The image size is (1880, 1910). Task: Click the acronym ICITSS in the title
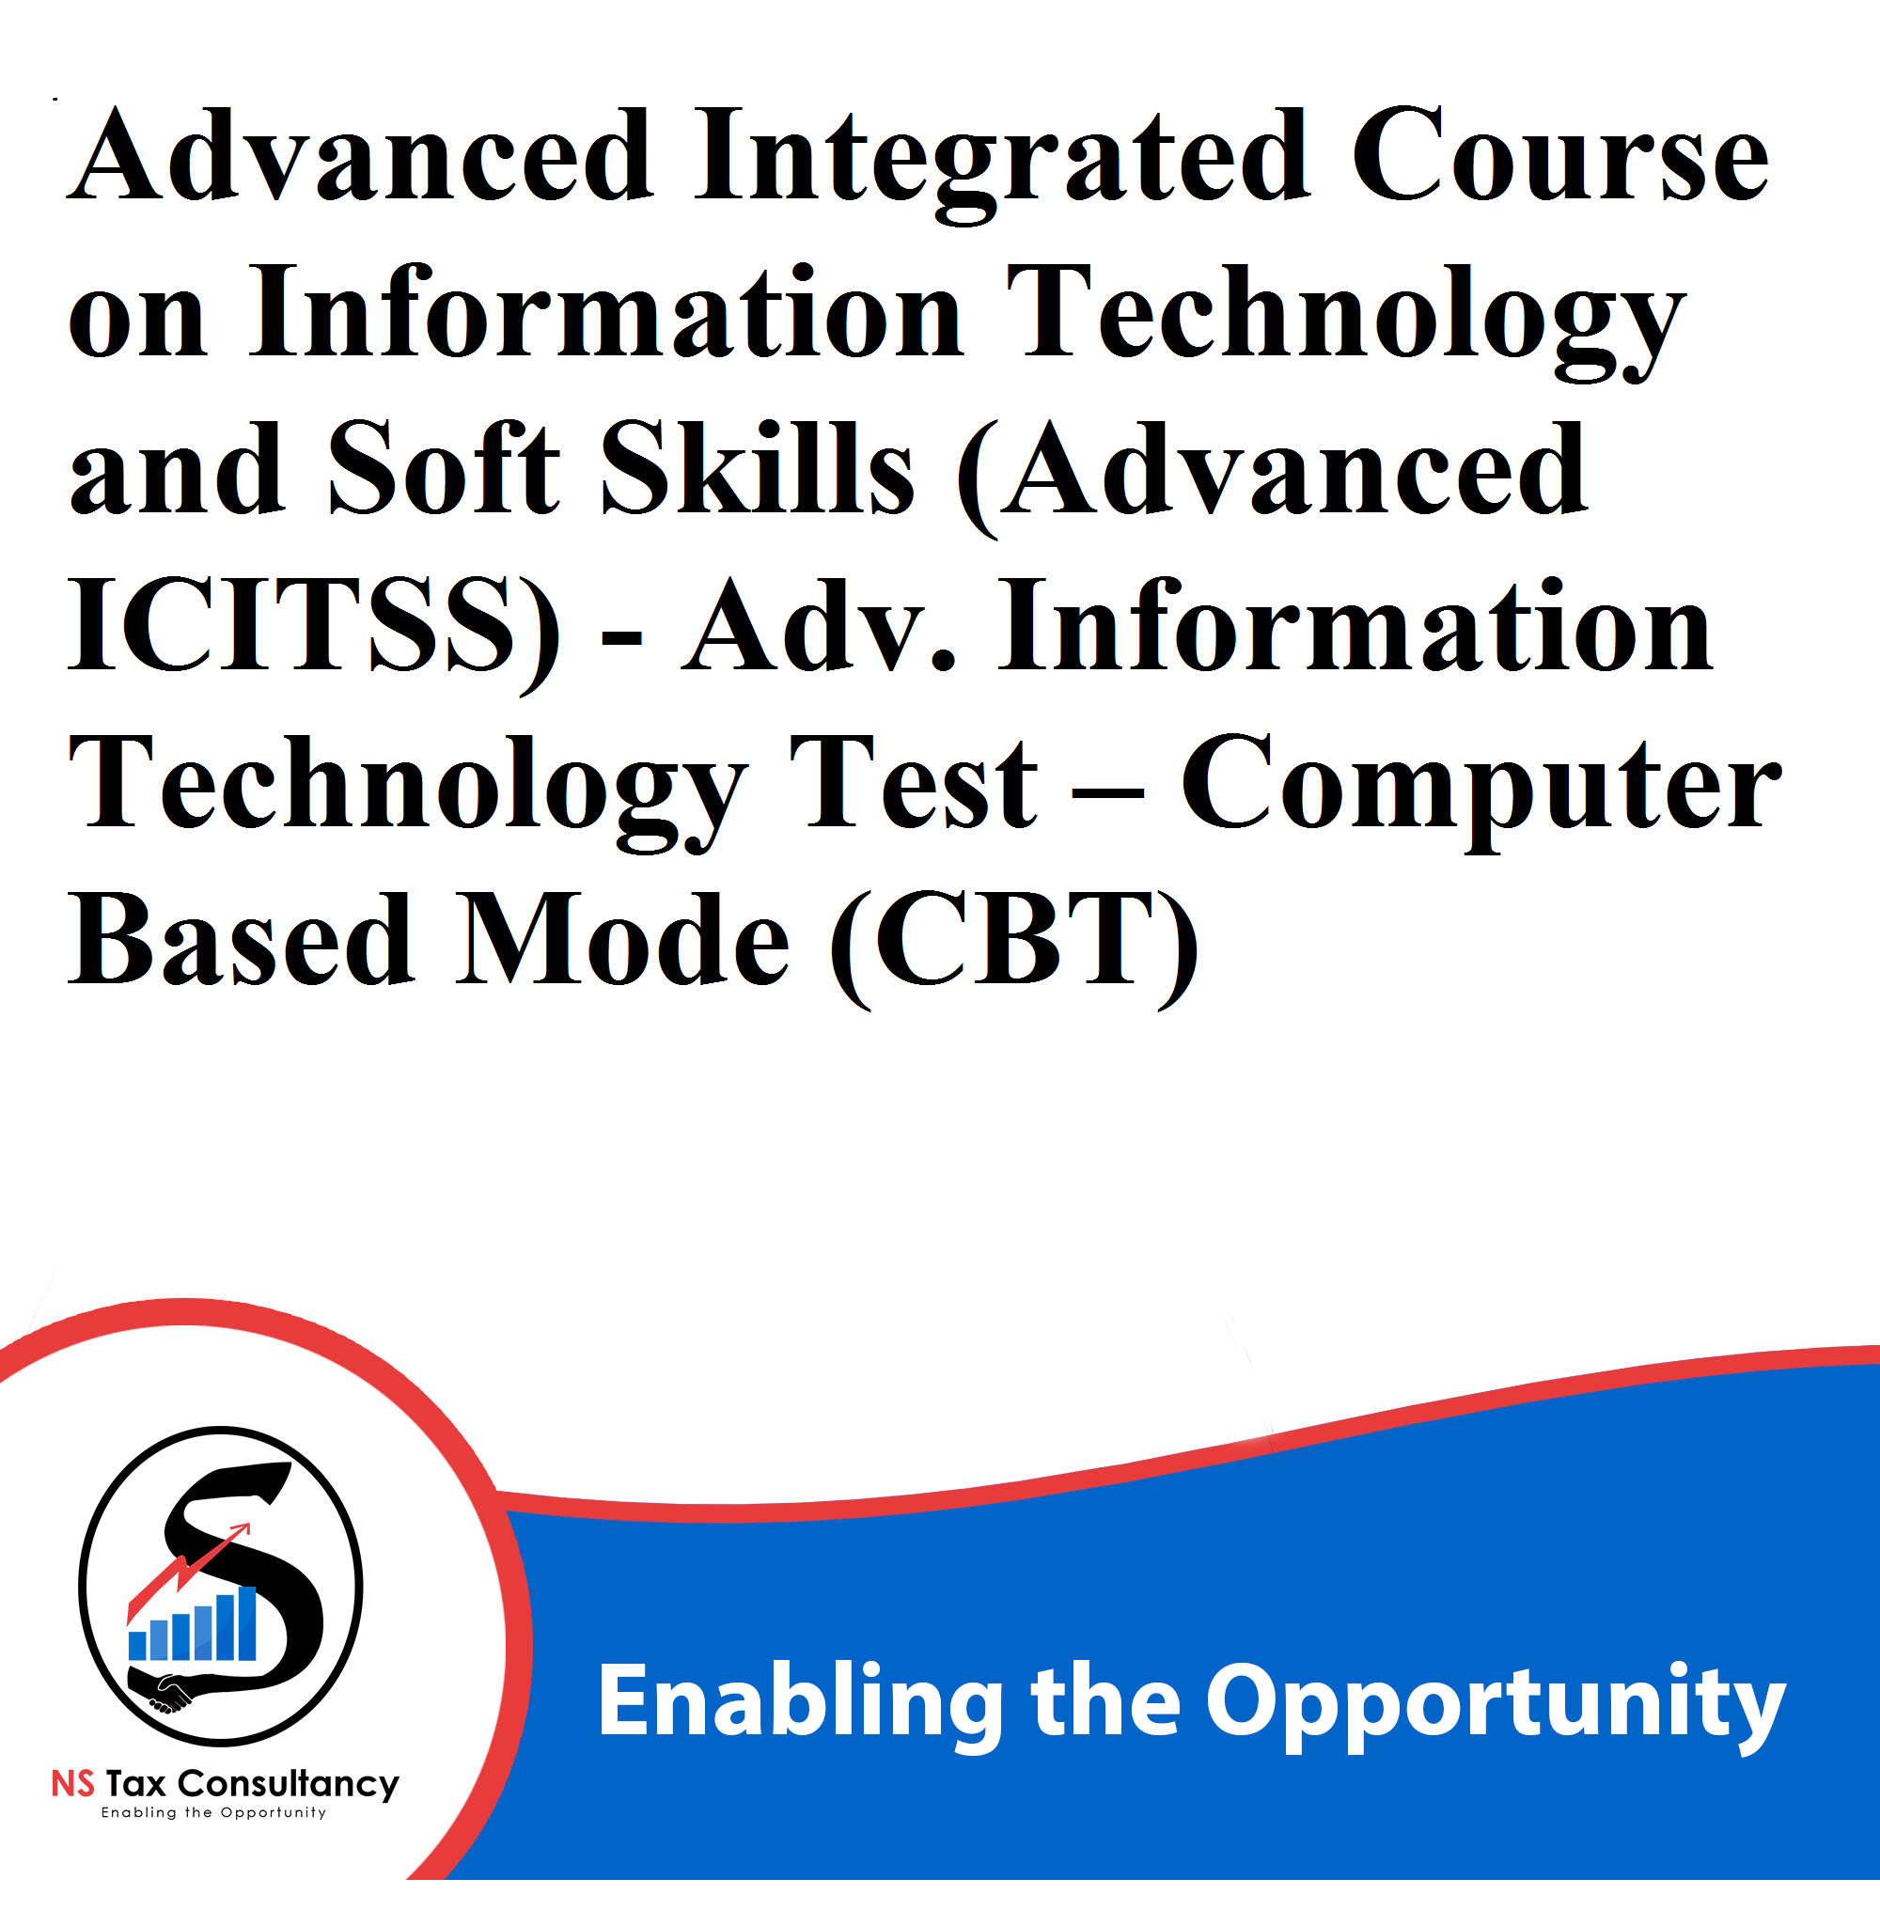293,624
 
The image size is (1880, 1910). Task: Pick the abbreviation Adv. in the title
820,624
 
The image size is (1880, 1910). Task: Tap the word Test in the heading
913,782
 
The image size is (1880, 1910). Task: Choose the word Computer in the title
1481,791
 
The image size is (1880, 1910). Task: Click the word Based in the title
241,938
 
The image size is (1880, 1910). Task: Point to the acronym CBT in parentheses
1015,938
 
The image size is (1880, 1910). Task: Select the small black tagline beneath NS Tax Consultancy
213,1813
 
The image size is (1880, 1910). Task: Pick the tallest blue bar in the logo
247,1623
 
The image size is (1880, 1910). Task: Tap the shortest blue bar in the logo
138,1645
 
